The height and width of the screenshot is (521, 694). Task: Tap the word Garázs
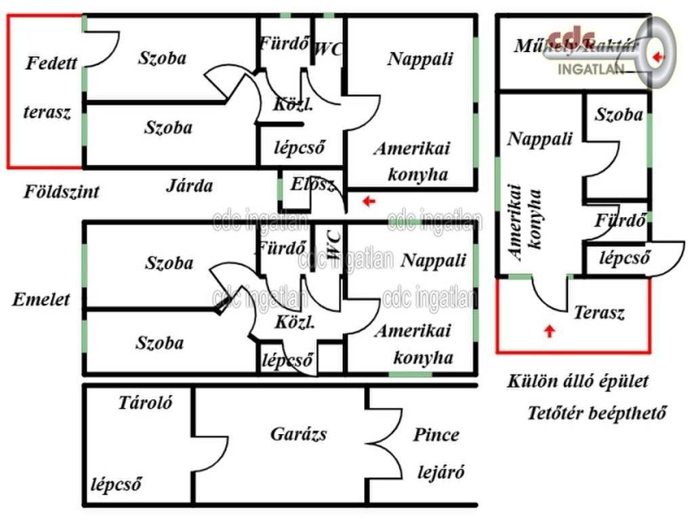coord(298,433)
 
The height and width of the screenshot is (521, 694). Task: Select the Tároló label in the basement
coord(145,402)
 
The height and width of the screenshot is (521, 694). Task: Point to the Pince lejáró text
coord(437,454)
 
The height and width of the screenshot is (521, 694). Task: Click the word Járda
coord(189,185)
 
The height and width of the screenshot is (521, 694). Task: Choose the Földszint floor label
coord(62,191)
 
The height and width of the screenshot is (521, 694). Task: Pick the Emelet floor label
coord(41,299)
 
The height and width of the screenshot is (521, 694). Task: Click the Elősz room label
coord(312,184)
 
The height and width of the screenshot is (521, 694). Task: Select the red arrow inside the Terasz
coord(550,331)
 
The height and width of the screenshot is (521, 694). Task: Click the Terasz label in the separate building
coord(598,313)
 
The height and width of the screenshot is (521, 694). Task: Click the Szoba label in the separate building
coord(619,115)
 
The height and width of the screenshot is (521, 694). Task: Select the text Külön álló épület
coord(578,381)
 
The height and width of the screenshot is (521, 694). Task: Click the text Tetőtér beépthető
coord(597,413)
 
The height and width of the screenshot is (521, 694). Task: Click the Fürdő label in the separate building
coord(618,220)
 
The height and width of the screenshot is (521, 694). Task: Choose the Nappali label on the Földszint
coord(420,58)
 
